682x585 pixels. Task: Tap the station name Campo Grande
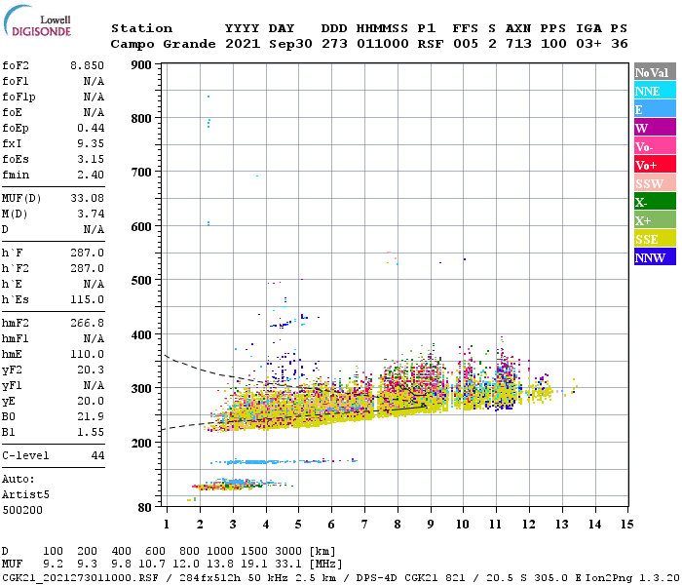pos(157,44)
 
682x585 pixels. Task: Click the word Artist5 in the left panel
pos(25,494)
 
